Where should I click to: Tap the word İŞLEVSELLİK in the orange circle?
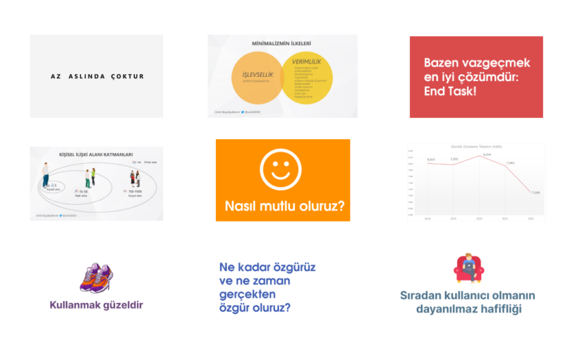click(248, 73)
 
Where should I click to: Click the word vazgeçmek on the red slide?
click(494, 62)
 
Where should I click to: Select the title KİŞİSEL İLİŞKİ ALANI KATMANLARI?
click(97, 153)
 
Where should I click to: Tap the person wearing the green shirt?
click(89, 177)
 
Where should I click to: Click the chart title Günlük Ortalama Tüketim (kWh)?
click(477, 146)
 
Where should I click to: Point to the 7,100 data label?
click(535, 192)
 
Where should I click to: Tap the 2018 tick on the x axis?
click(428, 220)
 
